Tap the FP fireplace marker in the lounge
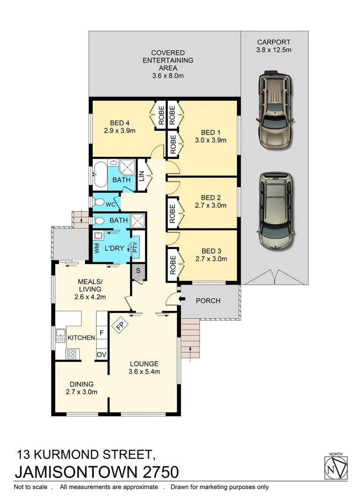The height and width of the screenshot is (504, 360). tap(120, 325)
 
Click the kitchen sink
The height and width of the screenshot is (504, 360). tap(61, 336)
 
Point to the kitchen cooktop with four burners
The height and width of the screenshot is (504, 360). tap(70, 354)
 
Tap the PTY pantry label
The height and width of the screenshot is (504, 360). tap(136, 248)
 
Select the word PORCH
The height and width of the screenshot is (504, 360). tap(208, 301)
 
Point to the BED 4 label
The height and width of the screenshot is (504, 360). tap(120, 123)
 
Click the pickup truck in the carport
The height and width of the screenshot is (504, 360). tap(275, 110)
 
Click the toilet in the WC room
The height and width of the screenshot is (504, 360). tap(98, 203)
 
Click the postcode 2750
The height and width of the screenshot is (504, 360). tap(158, 471)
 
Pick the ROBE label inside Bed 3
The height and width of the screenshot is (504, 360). tap(173, 265)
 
